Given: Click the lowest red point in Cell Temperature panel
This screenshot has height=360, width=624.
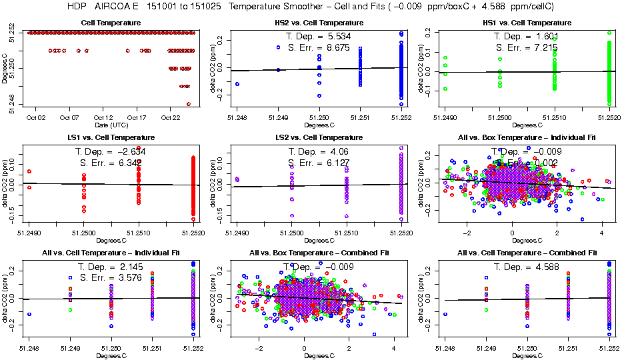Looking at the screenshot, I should (189, 103).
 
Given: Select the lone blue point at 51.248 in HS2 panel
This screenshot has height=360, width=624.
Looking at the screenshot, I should (237, 84).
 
